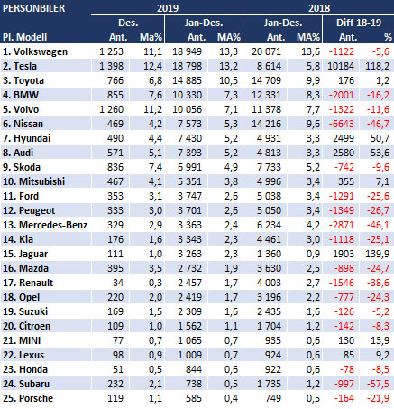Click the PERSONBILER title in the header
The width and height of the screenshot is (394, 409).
pos(33,8)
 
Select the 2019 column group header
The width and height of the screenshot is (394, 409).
pos(168,8)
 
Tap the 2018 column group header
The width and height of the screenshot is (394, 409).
pos(319,8)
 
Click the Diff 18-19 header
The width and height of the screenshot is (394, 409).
pos(359,23)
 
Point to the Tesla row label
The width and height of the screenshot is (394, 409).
pos(20,66)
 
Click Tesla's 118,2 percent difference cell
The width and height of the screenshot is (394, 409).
pos(377,66)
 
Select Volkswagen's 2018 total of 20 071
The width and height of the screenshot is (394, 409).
pos(266,51)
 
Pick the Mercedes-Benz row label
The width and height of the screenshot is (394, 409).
pos(45,225)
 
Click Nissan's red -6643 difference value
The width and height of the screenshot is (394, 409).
pos(342,124)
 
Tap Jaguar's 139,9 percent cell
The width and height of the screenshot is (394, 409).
pos(377,254)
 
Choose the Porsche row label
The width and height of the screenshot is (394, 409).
pos(28,398)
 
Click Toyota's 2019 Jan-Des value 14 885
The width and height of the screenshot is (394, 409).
pos(187,80)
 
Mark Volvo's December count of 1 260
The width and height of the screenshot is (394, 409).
pos(111,109)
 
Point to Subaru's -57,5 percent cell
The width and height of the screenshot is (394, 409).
pos(378,384)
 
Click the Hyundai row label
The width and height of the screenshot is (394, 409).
pos(27,138)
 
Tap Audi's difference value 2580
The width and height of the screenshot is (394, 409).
pos(344,153)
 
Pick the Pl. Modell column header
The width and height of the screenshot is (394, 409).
pos(25,37)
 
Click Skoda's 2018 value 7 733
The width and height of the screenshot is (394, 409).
pos(269,167)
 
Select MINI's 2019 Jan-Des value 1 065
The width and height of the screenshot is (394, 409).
pos(189,340)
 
